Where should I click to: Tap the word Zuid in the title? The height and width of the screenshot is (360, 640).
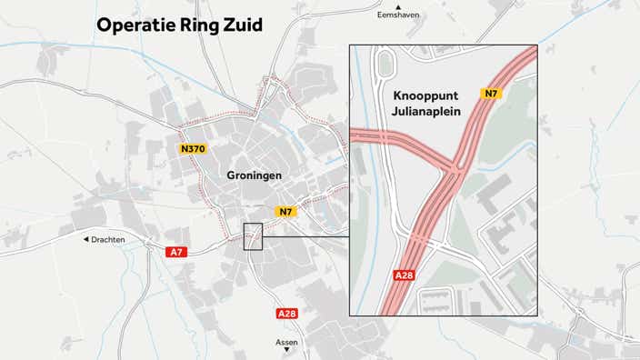click(x=240, y=25)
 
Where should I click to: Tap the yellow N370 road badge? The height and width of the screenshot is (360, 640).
click(x=194, y=149)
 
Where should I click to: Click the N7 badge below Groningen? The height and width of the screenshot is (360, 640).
click(x=286, y=212)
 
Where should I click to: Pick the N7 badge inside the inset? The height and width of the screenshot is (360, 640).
click(x=491, y=94)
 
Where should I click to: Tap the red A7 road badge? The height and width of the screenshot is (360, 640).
click(x=175, y=253)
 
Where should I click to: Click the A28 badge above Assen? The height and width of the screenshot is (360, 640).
click(x=286, y=314)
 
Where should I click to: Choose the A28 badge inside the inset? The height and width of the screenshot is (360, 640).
click(x=405, y=274)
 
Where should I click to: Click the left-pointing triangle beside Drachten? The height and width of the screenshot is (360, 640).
click(x=86, y=240)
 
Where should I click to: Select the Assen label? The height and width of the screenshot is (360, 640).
click(x=286, y=343)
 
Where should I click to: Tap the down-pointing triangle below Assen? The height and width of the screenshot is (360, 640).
click(x=286, y=352)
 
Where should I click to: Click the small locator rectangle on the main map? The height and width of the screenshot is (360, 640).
click(x=253, y=235)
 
